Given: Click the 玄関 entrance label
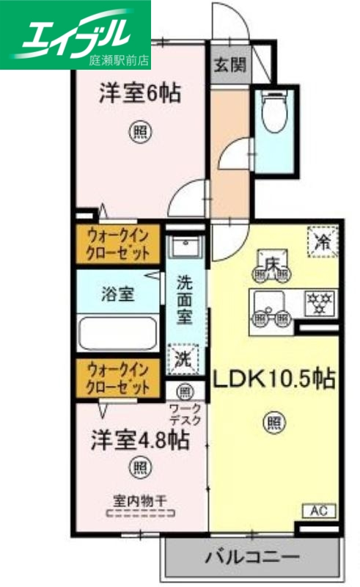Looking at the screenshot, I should click(229, 65).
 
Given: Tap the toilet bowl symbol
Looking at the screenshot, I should click(275, 114).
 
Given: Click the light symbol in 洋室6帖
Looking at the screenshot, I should click(140, 132).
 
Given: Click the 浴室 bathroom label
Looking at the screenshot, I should click(117, 295).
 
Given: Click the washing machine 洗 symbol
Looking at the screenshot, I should click(183, 360).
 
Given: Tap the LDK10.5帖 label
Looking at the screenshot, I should click(274, 378).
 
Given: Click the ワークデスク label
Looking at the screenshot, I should click(185, 415).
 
